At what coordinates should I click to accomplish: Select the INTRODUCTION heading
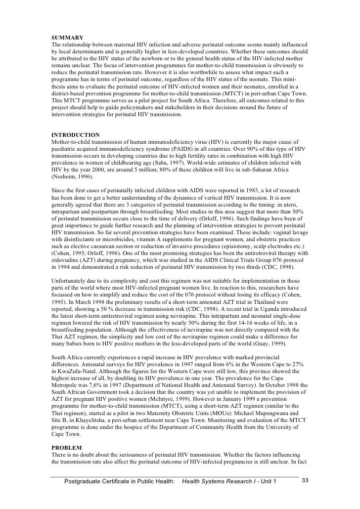click(x=76, y=135)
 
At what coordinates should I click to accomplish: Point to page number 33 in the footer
click(x=305, y=481)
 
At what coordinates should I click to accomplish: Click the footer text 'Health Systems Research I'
click(x=218, y=481)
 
